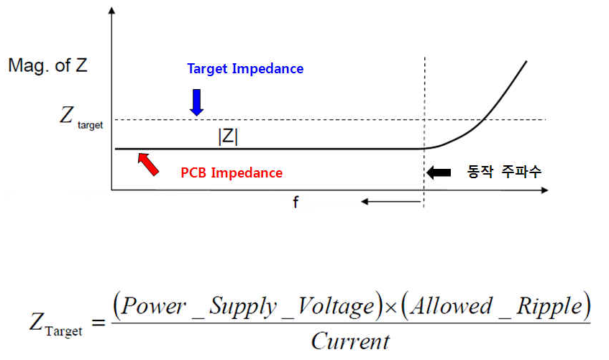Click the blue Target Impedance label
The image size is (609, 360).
pyautogui.click(x=245, y=69)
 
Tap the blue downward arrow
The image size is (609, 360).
pyautogui.click(x=196, y=101)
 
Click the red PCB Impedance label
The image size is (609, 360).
pyautogui.click(x=232, y=173)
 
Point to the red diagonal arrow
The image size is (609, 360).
pyautogui.click(x=148, y=163)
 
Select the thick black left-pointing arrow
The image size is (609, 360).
pyautogui.click(x=438, y=172)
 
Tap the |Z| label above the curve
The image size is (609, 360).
pyautogui.click(x=227, y=136)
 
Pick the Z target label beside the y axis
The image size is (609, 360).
pyautogui.click(x=81, y=118)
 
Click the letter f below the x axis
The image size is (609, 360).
pyautogui.click(x=295, y=203)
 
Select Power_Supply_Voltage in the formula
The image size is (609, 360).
pyautogui.click(x=244, y=307)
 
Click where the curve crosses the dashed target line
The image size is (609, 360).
pyautogui.click(x=485, y=119)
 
